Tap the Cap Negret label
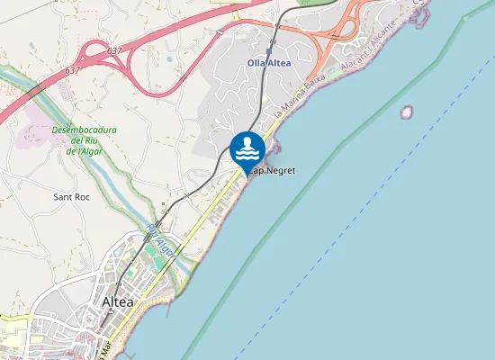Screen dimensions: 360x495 click(273, 170)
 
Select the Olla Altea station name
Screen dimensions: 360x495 click(268, 62)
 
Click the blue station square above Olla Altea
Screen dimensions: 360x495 click(268, 51)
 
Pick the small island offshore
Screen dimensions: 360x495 click(406, 112)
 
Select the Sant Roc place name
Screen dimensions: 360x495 click(71, 196)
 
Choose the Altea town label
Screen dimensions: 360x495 click(117, 301)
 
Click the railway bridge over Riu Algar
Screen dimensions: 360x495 click(156, 224)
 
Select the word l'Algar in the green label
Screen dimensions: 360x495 click(89, 152)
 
